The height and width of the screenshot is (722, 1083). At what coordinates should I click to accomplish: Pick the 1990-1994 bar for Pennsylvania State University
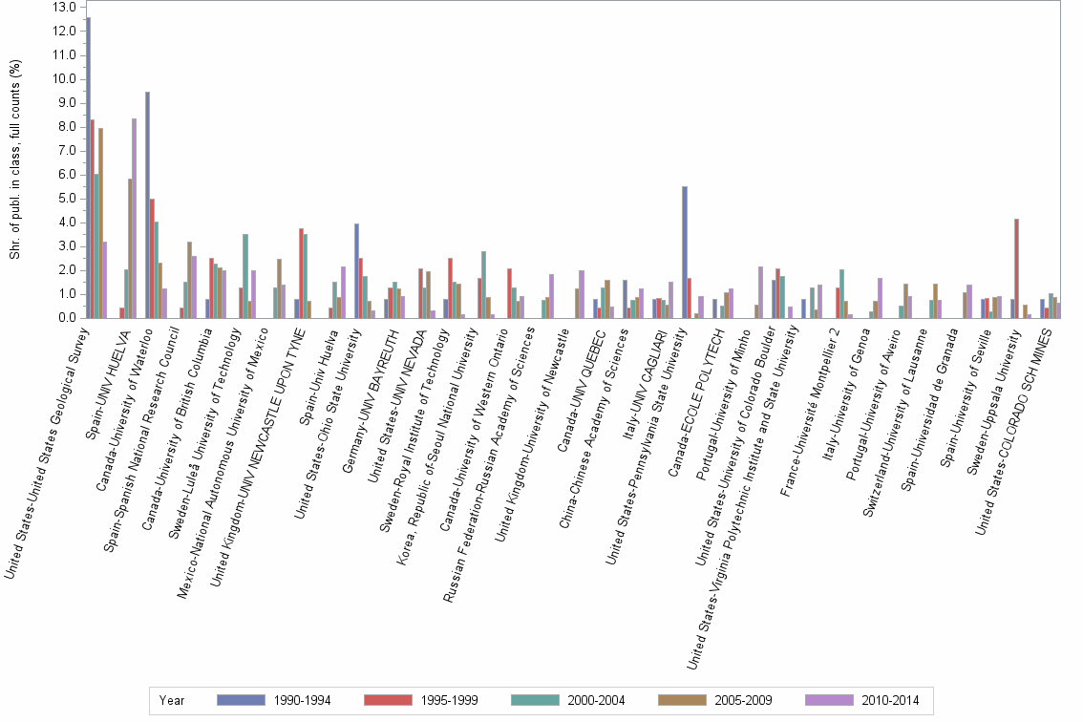coord(685,252)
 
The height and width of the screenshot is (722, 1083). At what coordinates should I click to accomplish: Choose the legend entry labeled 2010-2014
coord(887,700)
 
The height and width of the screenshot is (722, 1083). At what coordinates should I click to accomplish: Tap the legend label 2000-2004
coord(595,700)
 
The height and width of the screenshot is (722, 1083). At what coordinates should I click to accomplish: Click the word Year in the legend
coord(173,700)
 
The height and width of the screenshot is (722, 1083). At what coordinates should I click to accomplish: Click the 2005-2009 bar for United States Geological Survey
coord(100,223)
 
